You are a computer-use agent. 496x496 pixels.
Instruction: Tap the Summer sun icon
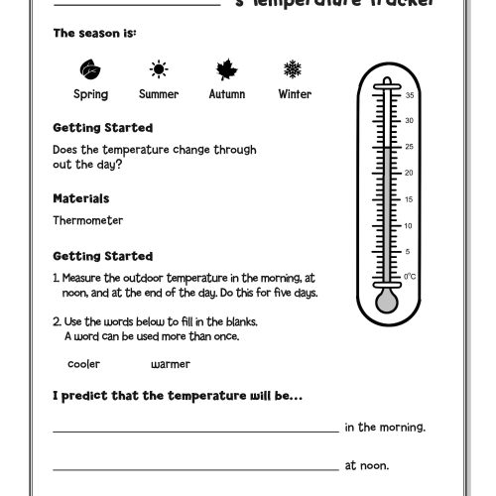pos(159,69)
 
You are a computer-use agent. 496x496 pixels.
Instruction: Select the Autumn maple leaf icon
pos(226,69)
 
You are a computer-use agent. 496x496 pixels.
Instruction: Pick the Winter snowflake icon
pos(294,69)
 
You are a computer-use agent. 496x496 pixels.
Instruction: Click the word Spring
pos(90,94)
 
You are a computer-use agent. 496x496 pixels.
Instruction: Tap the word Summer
pos(159,94)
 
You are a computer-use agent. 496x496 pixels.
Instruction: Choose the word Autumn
pos(227,94)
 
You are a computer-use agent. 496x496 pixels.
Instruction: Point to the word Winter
pos(295,94)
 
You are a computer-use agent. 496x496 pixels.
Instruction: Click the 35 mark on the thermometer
pos(409,95)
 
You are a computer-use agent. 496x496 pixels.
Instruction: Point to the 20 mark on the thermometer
pos(409,173)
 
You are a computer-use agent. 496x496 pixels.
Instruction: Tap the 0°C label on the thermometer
pos(409,276)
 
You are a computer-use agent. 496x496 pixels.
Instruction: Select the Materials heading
pos(80,198)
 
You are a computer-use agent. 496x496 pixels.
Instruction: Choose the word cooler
pos(83,364)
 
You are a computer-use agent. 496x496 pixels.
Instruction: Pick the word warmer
pos(171,364)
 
